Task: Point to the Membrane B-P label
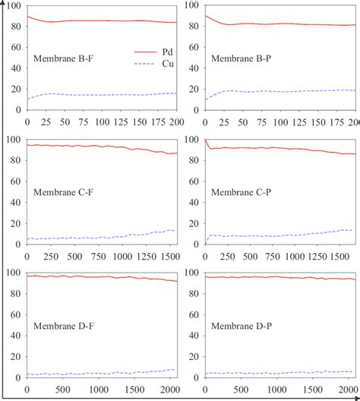coord(242,58)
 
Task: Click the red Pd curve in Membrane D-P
coord(273,277)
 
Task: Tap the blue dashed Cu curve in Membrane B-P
coord(273,91)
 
